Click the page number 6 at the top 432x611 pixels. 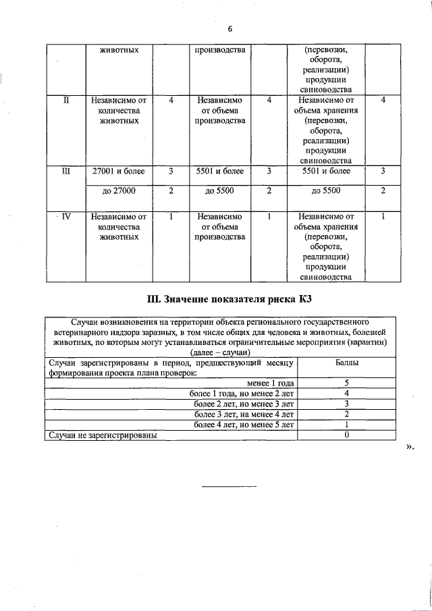click(x=230, y=29)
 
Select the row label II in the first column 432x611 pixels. click(x=66, y=100)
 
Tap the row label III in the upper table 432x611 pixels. click(x=66, y=171)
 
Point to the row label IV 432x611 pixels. click(x=66, y=217)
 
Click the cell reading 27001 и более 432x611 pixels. click(x=119, y=171)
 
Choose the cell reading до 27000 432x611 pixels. click(x=119, y=191)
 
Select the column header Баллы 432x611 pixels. click(x=346, y=363)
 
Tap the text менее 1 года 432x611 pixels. click(x=271, y=383)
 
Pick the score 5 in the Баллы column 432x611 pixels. click(x=346, y=383)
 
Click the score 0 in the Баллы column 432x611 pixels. click(x=346, y=435)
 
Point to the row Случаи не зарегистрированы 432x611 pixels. click(x=101, y=435)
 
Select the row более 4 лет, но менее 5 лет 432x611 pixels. click(x=244, y=425)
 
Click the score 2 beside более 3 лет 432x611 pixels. click(x=346, y=414)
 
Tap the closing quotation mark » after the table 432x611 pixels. click(x=409, y=447)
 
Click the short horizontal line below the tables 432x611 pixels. click(x=230, y=487)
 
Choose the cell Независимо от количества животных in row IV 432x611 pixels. click(x=119, y=228)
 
